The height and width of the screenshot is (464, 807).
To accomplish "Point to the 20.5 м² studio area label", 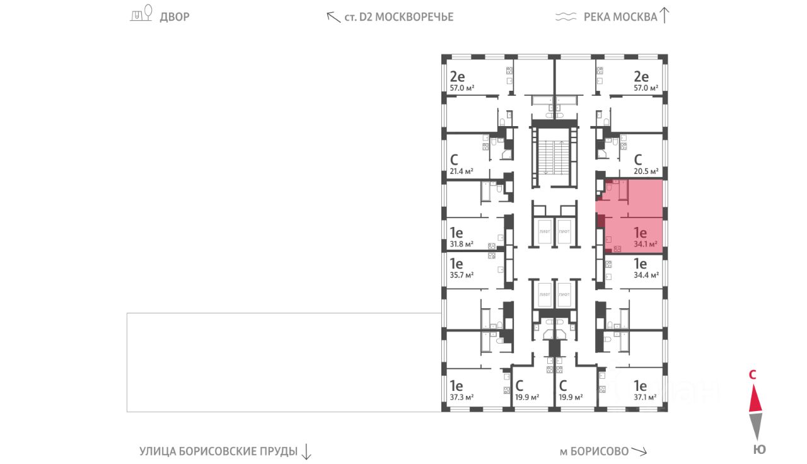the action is (x=646, y=171).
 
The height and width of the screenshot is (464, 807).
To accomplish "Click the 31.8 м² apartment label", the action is (x=462, y=244).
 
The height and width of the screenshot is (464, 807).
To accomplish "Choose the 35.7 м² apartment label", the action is (x=462, y=275).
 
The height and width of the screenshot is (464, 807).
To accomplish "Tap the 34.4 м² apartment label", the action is (x=646, y=275).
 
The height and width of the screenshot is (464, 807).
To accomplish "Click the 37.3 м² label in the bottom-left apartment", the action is (x=462, y=397).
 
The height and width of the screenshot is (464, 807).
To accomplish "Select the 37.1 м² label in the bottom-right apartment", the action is (x=644, y=397).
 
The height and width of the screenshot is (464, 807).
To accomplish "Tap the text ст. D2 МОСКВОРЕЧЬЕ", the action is (x=399, y=17).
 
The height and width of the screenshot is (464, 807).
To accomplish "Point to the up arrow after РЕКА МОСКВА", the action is (x=664, y=15).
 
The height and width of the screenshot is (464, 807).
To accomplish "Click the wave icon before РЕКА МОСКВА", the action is (x=566, y=17).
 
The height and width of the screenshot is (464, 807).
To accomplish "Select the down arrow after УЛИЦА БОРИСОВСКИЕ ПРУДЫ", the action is (x=306, y=451).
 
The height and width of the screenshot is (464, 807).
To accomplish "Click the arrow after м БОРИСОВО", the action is (x=639, y=451).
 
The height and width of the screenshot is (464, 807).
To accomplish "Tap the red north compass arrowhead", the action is (x=757, y=398).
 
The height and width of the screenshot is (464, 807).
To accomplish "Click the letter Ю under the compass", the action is (x=760, y=449).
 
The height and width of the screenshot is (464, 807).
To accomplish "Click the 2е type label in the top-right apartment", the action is (x=641, y=77).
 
